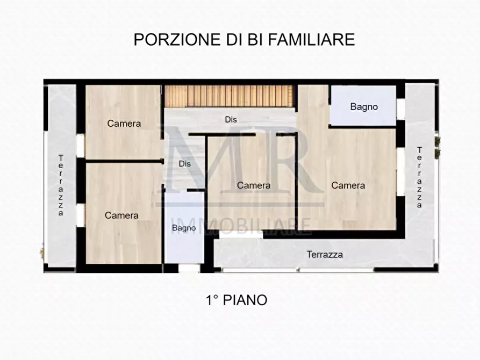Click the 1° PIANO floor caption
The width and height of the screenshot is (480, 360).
tap(236, 300)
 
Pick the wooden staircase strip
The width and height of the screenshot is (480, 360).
tap(230, 96)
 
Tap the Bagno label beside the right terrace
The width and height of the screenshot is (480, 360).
tap(364, 106)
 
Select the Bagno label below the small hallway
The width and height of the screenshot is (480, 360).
tap(184, 228)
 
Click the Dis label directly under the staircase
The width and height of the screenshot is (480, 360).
tap(231, 119)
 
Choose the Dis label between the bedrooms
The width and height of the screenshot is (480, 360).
tap(185, 164)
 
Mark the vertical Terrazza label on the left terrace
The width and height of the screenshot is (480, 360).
tap(61, 185)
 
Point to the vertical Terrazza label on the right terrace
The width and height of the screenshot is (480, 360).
tap(419, 177)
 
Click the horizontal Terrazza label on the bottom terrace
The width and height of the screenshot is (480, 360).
tap(325, 254)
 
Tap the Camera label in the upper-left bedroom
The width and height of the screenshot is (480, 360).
tap(124, 123)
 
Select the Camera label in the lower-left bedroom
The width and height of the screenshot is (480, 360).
tap(121, 215)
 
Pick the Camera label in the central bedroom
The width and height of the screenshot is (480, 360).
tap(254, 185)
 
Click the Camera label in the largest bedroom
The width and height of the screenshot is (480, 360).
tap(348, 185)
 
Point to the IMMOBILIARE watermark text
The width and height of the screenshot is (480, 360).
tap(241, 226)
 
